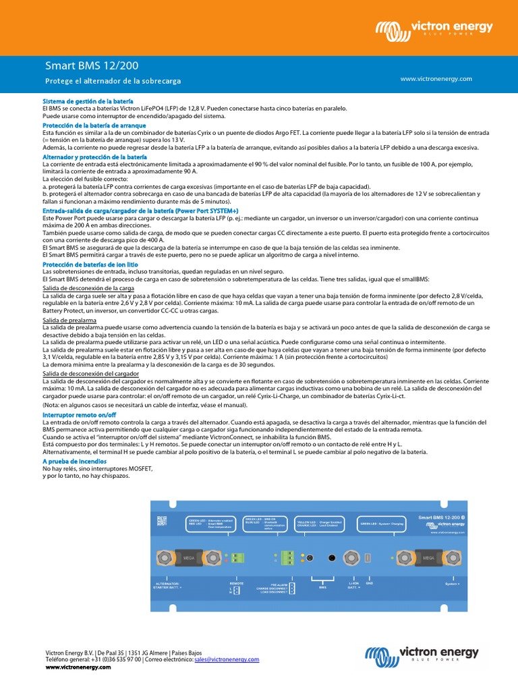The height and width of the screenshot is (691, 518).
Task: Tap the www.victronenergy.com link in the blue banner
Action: pos(436,79)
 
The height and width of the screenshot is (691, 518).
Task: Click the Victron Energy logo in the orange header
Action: pos(434,29)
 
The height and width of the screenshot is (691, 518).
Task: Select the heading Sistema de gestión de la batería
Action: pos(88,101)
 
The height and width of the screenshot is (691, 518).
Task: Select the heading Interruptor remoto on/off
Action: pos(79,414)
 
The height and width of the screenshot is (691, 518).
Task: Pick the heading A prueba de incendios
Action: pos(74,461)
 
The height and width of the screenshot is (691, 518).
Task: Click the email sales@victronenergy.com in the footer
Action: pos(227,659)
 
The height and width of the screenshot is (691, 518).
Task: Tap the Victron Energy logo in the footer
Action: pos(422,655)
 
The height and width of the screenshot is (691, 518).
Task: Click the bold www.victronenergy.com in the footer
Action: pos(78,667)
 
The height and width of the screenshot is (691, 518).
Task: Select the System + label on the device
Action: pos(453,583)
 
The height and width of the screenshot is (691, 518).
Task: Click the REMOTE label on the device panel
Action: pos(236,582)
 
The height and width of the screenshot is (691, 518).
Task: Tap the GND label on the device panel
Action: pos(369,582)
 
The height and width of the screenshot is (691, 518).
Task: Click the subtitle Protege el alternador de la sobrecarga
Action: pos(113,81)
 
